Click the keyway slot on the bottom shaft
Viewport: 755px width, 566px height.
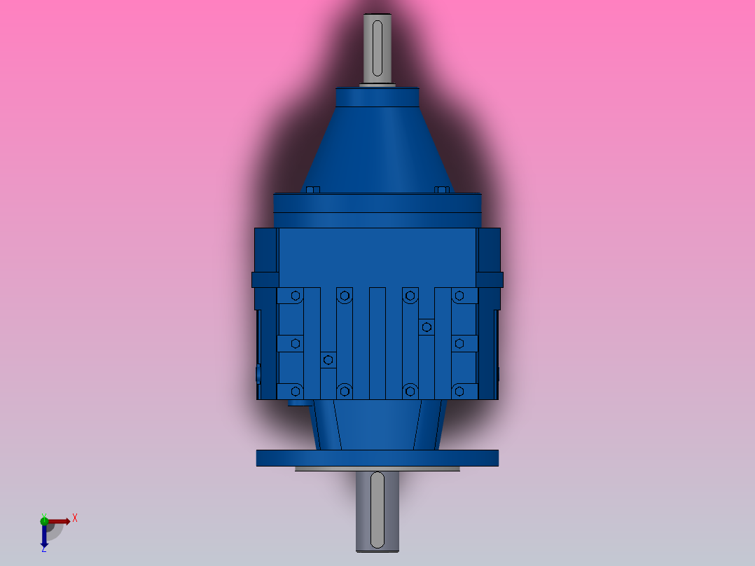tap(377, 510)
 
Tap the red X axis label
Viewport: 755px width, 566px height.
tap(75, 518)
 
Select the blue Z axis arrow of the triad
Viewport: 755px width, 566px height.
tap(44, 538)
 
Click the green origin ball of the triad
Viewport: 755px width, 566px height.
tap(44, 520)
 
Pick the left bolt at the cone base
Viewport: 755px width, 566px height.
tap(312, 190)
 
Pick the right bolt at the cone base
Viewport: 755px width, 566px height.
tap(441, 190)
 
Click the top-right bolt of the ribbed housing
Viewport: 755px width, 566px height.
tap(459, 296)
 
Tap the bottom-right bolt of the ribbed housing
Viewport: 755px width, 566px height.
tap(459, 390)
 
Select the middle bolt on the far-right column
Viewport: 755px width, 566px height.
tap(459, 343)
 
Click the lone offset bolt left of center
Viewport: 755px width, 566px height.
tap(328, 360)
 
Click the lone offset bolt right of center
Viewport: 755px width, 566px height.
tap(426, 326)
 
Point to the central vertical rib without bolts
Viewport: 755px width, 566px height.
tap(377, 343)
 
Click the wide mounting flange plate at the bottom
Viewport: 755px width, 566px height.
tap(377, 458)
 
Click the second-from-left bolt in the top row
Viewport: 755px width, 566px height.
tap(344, 296)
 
